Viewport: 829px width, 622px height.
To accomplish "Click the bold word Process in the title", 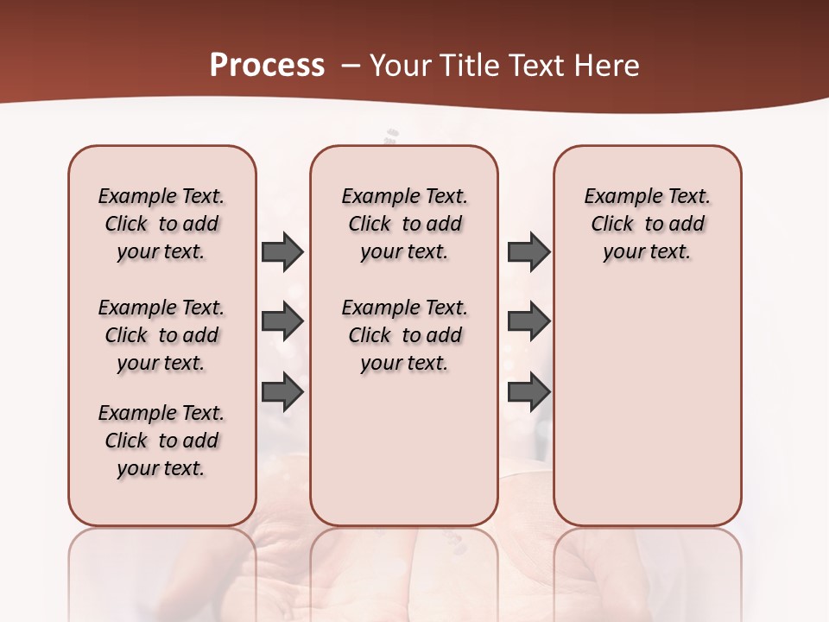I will [267, 66].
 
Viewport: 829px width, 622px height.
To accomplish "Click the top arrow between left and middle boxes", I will [282, 251].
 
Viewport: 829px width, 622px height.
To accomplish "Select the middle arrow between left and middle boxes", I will [282, 322].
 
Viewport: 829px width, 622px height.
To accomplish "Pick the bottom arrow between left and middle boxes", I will [282, 393].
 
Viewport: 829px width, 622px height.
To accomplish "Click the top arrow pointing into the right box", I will [528, 251].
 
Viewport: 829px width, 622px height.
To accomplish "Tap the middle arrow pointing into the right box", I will [528, 322].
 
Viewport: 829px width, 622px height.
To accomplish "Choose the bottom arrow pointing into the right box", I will [528, 393].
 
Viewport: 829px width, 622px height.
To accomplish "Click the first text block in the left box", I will [161, 224].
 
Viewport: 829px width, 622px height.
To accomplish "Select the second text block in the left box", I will [161, 335].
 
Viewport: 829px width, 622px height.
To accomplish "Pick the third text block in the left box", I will [161, 441].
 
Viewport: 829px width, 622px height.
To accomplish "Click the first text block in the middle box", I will [404, 224].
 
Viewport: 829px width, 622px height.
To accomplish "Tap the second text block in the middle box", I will [404, 335].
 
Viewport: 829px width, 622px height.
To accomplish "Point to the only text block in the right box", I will [647, 224].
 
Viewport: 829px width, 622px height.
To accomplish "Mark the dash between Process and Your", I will [351, 66].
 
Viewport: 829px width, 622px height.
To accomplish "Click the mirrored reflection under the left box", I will [162, 570].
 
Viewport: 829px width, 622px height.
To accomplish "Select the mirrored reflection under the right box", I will [647, 570].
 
